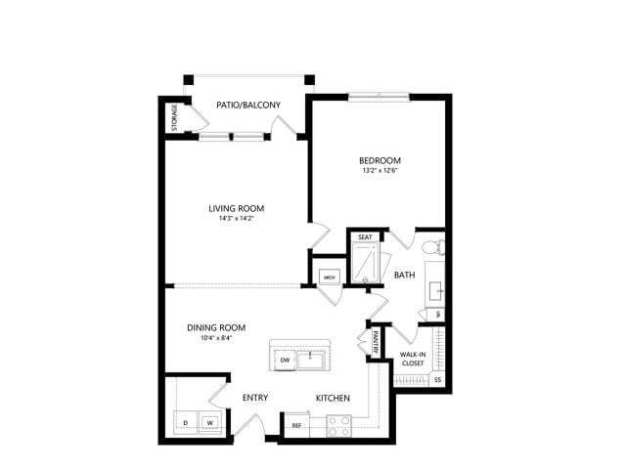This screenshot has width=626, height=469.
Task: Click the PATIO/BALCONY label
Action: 247,106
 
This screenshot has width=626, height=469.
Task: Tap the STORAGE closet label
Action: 175,116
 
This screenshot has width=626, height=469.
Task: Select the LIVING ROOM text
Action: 237,208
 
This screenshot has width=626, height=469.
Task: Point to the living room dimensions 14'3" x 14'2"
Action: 237,219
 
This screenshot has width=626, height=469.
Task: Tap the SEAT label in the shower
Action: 364,237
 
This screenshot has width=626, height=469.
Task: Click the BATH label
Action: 404,276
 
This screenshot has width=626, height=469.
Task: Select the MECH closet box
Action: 330,277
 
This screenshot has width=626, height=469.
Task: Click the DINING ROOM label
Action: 216,327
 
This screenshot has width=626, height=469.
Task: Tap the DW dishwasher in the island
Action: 286,361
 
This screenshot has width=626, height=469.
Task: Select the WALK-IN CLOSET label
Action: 413,359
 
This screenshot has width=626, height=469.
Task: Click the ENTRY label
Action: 255,398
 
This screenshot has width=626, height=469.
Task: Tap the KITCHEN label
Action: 333,398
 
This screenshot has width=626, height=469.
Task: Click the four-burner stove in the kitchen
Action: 338,425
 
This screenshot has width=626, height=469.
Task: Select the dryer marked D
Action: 185,422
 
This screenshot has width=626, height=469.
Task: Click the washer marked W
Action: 208,422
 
